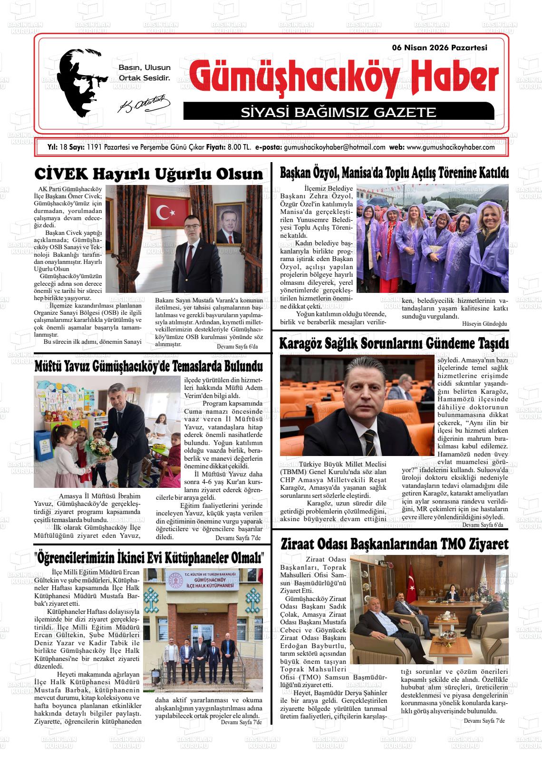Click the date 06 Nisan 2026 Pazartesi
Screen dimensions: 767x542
[440, 48]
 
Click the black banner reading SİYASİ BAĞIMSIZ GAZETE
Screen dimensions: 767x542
[338, 112]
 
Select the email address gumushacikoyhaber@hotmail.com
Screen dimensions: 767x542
[334, 147]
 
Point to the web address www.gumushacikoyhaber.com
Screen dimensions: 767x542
[450, 147]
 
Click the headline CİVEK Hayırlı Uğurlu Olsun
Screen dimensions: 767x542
[149, 174]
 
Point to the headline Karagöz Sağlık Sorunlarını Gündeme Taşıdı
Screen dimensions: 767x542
[394, 343]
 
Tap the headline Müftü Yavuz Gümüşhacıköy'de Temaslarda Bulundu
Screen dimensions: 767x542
[149, 367]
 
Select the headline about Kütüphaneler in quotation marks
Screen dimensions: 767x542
[149, 557]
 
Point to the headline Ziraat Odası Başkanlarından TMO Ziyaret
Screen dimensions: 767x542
[394, 544]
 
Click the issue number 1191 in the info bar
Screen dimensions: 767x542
[94, 147]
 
